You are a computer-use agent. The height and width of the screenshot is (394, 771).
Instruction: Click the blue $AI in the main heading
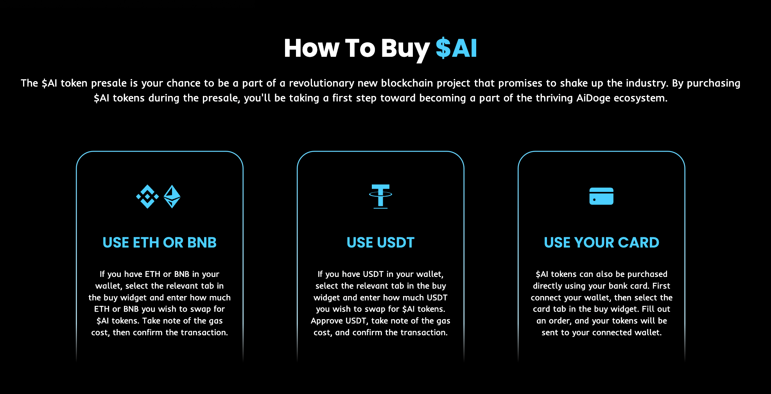pos(456,48)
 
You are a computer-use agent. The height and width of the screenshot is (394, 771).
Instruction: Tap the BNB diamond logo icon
pos(147,196)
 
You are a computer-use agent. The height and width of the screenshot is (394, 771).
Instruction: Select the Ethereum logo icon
pos(172,196)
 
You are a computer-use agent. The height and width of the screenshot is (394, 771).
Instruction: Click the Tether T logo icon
pos(380,196)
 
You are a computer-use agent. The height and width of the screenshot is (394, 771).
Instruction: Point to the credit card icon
pos(601,196)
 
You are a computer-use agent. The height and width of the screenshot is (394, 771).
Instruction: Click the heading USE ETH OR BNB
pos(160,242)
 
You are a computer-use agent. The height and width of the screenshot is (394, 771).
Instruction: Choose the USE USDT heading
pos(380,242)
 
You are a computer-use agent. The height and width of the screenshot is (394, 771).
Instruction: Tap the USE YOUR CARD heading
pos(601,242)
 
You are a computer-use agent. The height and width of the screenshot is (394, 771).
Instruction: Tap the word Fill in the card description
pos(648,309)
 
